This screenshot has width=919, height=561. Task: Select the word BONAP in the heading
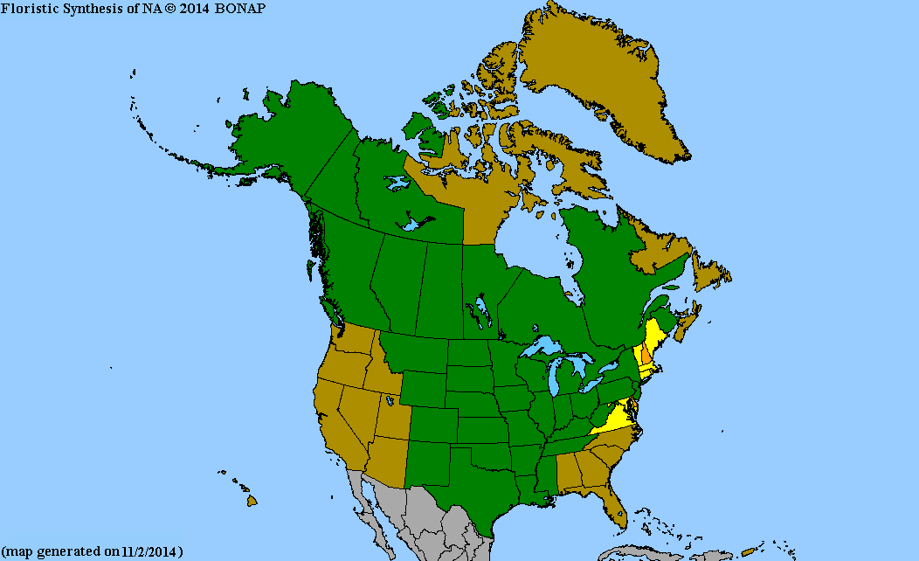(242, 7)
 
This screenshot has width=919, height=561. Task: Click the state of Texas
(472, 489)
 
